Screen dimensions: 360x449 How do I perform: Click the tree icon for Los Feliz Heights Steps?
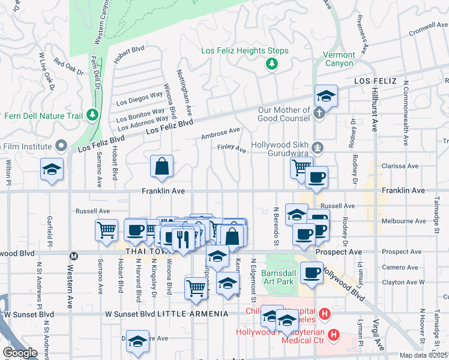point(272,63)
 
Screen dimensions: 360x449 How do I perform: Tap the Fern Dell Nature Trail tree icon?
point(92,114)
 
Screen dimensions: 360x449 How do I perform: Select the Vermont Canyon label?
point(339,59)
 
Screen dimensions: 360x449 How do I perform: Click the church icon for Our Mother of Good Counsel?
point(320,112)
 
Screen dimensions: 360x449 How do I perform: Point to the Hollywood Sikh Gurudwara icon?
point(320,148)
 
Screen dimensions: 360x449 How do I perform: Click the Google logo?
point(20,353)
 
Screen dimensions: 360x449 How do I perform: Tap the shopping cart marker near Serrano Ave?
point(106,230)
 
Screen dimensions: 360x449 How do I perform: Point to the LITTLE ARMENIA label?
point(202,314)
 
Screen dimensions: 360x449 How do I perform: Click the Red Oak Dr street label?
point(68,67)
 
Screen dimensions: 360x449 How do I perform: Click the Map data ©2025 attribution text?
point(424,355)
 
